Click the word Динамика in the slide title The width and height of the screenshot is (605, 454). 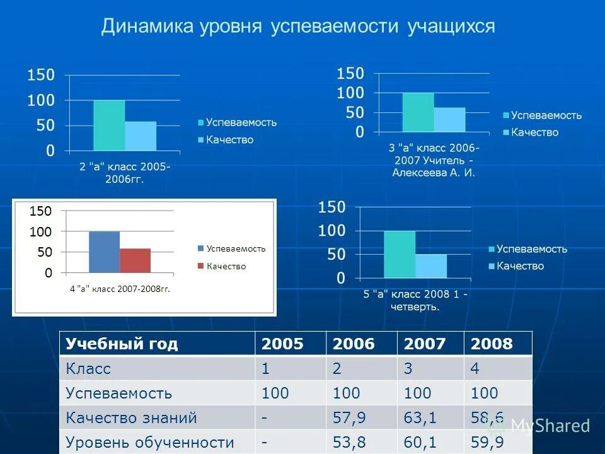(x=147, y=27)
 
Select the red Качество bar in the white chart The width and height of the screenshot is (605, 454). (x=135, y=260)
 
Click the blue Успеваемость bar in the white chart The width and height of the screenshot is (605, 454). (x=104, y=252)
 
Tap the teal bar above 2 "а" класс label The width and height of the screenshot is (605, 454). (x=109, y=125)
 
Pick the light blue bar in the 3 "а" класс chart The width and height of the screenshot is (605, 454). (x=449, y=120)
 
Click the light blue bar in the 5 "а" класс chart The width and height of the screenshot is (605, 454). (x=430, y=265)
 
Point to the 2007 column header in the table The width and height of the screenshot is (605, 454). (x=427, y=344)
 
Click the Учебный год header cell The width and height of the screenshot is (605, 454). (x=122, y=344)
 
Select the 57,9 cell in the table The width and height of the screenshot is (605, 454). (x=349, y=417)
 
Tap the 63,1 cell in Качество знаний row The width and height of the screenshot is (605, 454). (x=418, y=417)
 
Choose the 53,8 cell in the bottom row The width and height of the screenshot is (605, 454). (x=349, y=443)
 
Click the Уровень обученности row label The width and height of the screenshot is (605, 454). (x=150, y=443)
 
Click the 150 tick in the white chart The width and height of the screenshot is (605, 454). (x=40, y=211)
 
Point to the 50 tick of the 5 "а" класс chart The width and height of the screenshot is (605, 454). (x=331, y=254)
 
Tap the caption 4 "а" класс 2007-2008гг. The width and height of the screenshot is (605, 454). (x=120, y=289)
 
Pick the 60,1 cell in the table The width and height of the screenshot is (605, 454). (x=418, y=443)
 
